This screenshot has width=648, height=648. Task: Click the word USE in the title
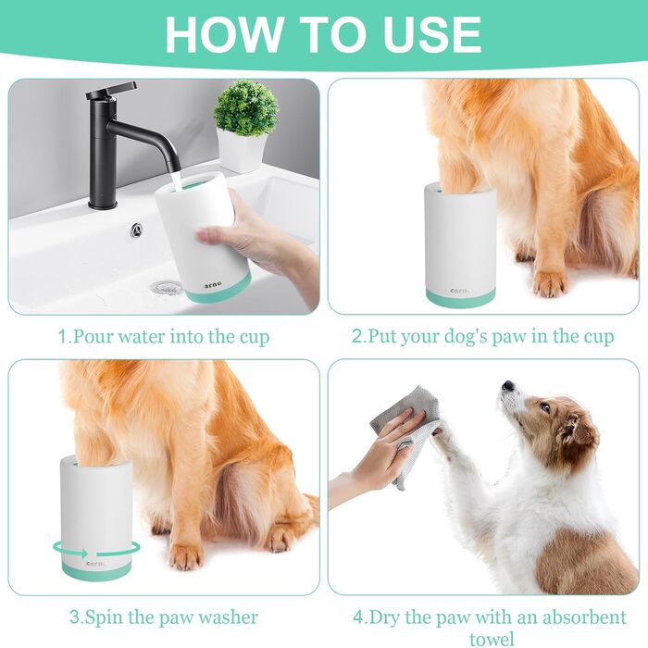432,34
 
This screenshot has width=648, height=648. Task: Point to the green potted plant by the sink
245,107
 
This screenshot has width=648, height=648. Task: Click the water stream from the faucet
176,181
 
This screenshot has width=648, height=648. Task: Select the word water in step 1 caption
142,336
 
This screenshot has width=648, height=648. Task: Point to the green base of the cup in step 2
461,297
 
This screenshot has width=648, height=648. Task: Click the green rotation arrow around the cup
96,550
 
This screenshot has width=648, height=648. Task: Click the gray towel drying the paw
407,430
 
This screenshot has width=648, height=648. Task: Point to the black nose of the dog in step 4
507,386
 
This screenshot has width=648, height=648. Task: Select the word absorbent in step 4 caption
585,617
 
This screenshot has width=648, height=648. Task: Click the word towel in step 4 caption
492,639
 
